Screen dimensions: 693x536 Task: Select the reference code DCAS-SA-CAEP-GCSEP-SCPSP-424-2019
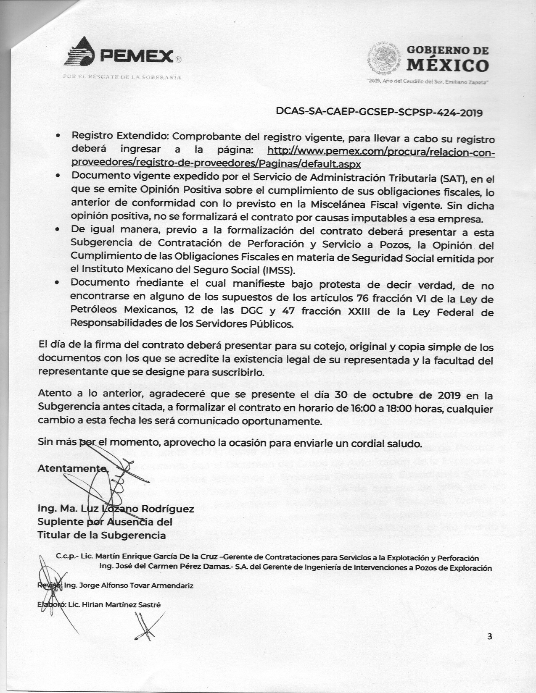pos(378,113)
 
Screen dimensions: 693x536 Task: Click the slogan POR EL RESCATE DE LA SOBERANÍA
pos(122,77)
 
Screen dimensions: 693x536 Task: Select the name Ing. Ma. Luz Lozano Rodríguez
pos(116,509)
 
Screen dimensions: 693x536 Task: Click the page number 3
pos(489,636)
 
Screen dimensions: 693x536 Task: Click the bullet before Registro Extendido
pos(59,137)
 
